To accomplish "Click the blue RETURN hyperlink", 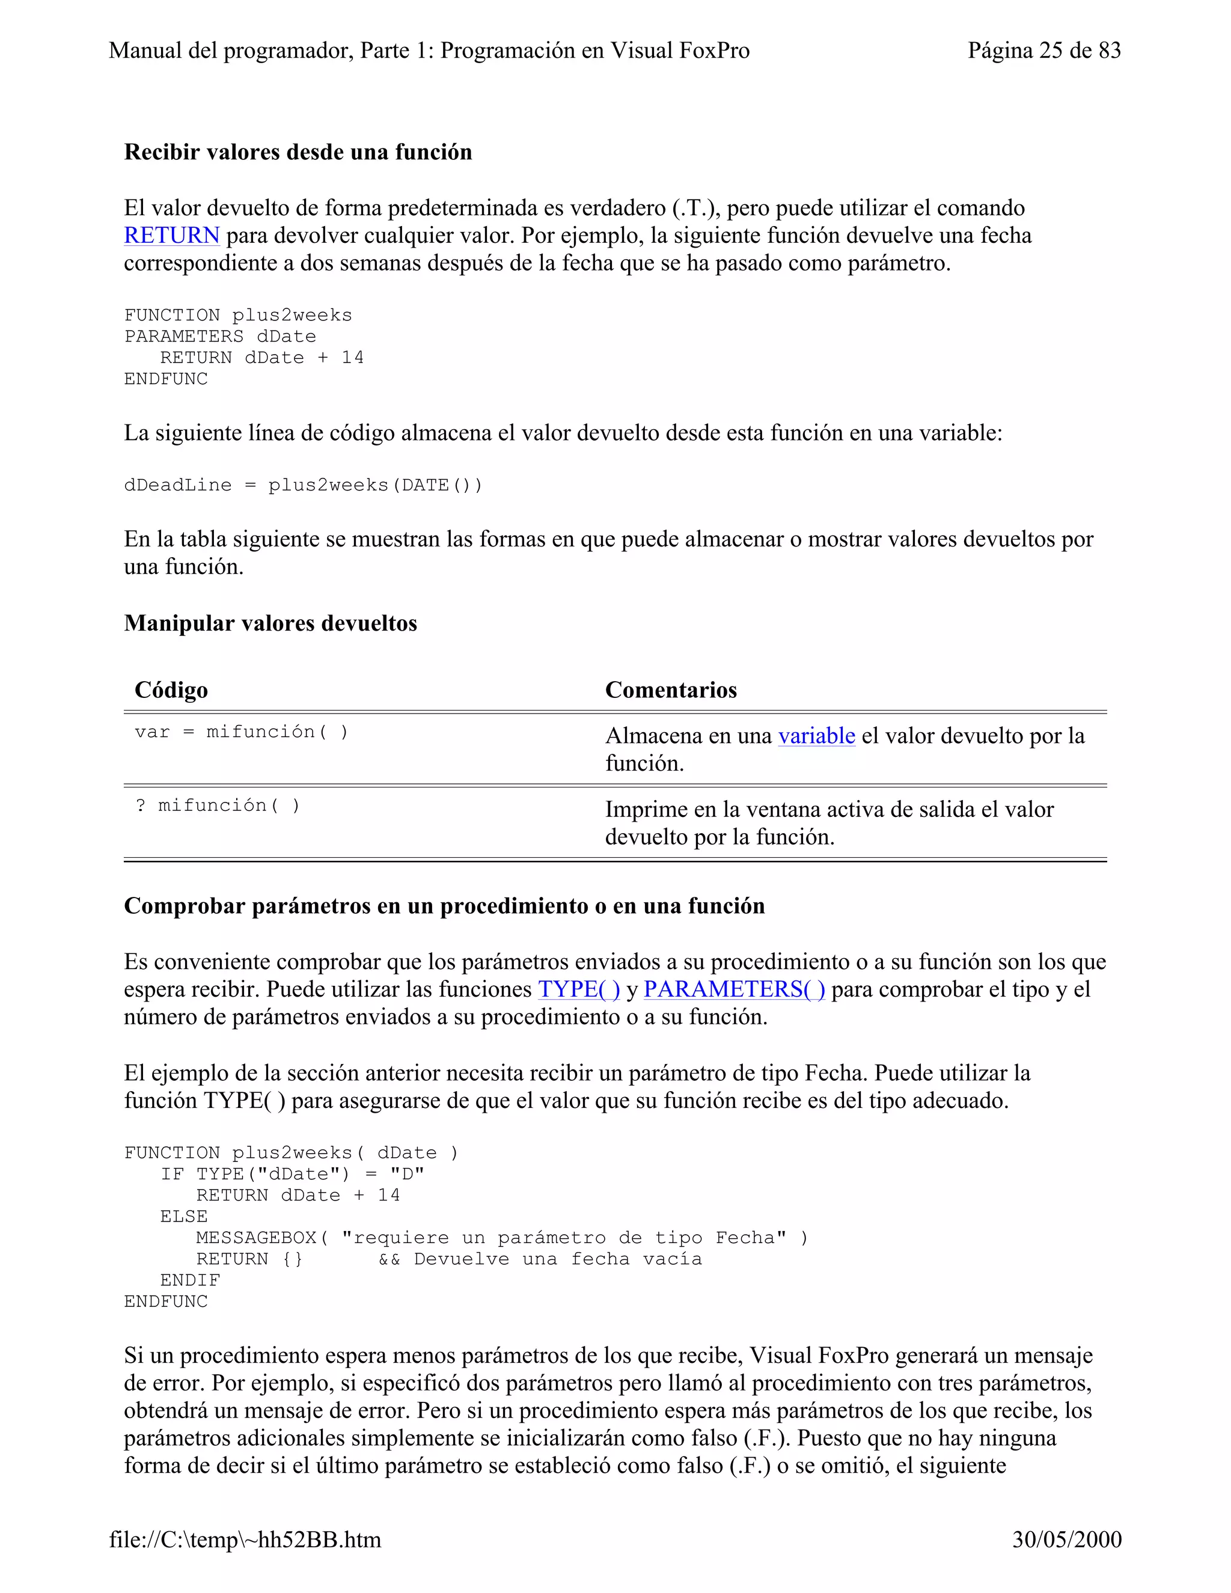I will [171, 236].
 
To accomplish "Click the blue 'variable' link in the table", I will [816, 735].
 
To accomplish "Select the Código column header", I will [171, 690].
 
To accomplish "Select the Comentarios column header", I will [671, 690].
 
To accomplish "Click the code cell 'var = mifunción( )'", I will [242, 732].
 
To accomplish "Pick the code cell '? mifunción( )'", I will [218, 806].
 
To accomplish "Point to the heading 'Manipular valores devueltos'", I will [270, 623].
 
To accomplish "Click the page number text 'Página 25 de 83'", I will [1043, 50].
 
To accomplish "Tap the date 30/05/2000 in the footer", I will [1066, 1539].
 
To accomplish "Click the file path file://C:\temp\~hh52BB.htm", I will [245, 1539].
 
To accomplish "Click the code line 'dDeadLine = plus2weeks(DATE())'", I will [304, 485].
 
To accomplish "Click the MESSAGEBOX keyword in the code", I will [256, 1238].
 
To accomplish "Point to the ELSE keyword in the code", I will [184, 1217].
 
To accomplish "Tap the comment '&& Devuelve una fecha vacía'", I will [540, 1259].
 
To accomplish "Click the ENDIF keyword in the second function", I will [189, 1280].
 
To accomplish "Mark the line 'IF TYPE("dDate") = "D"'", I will [292, 1175].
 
